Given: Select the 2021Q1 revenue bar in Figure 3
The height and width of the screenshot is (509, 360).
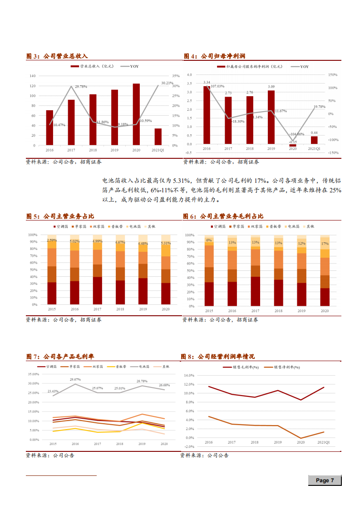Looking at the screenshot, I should click(158, 137).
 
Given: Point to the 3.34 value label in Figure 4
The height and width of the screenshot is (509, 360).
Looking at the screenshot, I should click(207, 83).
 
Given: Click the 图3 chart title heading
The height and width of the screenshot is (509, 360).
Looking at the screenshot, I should click(57, 56).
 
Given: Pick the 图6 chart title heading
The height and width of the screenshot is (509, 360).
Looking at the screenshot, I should click(223, 216).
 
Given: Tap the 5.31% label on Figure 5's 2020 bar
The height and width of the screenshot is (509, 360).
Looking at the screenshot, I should click(166, 243).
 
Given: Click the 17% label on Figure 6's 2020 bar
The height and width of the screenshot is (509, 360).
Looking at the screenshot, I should click(325, 244).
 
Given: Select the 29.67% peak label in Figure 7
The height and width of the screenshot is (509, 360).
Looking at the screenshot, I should click(75, 379).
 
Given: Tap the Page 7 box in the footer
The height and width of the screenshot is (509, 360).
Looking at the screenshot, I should click(325, 480).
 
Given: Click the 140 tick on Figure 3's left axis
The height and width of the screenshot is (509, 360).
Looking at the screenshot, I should click(32, 76).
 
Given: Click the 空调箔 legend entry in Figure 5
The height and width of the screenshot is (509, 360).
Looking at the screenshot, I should click(61, 226).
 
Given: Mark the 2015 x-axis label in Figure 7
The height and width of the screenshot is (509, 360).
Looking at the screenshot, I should click(53, 444).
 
